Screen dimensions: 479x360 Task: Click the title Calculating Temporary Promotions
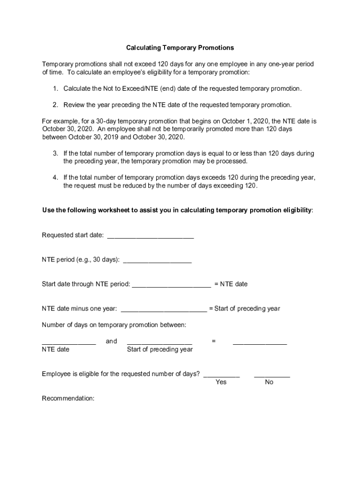pos(180,48)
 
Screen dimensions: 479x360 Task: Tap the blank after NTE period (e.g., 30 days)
pos(157,261)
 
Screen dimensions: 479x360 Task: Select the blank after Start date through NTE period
pos(171,285)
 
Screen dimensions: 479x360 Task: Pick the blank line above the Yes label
pos(222,375)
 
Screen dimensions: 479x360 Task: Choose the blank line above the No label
pos(272,375)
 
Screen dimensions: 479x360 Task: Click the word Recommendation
pos(68,399)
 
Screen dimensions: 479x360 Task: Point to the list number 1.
pos(55,88)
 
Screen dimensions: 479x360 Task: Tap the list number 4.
pos(55,177)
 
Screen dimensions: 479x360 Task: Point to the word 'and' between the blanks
pos(111,341)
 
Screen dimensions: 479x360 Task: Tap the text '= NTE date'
pos(231,284)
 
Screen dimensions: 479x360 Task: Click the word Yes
pos(221,382)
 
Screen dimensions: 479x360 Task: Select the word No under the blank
pos(269,382)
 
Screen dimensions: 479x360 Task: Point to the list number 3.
pos(55,153)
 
